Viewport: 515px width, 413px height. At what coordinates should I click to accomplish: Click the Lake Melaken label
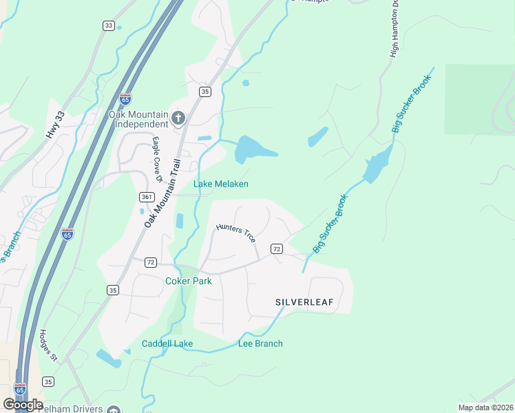220,184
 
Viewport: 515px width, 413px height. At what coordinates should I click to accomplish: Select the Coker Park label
188,281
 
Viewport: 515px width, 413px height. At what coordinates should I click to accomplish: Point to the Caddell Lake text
167,343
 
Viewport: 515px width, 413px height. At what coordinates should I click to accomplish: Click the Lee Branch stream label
260,343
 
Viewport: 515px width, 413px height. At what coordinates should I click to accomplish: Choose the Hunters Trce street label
235,233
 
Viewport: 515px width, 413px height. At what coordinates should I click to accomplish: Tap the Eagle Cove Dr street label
156,159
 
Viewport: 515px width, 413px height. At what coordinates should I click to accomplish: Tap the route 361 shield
145,197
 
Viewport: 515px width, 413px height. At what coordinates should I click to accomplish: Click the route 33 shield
108,25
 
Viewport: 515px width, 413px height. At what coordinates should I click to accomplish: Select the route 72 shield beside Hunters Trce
276,248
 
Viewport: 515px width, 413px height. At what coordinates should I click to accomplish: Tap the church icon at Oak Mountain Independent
178,118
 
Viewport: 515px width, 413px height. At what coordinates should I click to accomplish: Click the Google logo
23,405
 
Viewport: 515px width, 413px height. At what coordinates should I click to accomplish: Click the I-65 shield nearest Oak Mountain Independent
125,99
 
